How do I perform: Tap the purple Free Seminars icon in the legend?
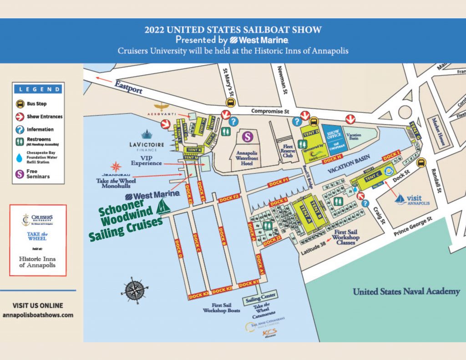tap(20, 173)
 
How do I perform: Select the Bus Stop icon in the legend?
tap(20, 104)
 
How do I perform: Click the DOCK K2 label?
tap(222, 289)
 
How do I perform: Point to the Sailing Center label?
tap(261, 298)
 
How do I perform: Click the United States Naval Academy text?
tap(406, 292)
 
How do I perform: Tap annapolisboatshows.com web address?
tap(38, 315)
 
